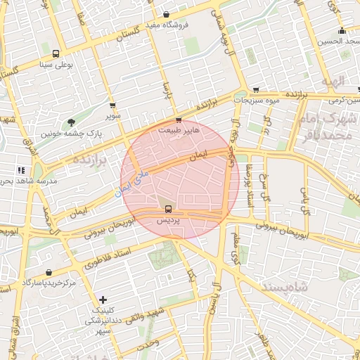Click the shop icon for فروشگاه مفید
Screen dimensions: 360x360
[x=166, y=14]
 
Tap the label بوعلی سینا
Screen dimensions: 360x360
[x=56, y=65]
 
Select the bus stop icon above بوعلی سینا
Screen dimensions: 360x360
[x=56, y=53]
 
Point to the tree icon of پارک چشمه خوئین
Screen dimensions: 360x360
[x=71, y=122]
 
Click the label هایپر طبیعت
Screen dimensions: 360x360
[x=179, y=130]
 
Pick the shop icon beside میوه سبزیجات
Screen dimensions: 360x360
[x=255, y=89]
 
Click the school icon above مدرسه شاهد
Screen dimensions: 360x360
[x=22, y=169]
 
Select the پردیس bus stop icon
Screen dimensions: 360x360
[x=167, y=208]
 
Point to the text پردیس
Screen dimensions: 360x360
[x=167, y=220]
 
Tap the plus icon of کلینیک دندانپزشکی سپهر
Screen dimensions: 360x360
[x=103, y=300]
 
